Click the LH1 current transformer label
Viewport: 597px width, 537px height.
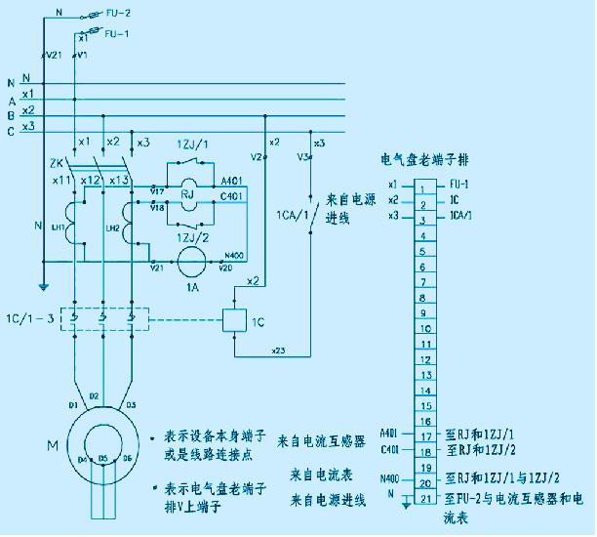(x=58, y=227)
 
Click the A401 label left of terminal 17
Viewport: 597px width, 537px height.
(x=388, y=433)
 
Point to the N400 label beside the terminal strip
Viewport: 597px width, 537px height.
(x=389, y=479)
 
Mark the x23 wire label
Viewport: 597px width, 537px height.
(x=278, y=349)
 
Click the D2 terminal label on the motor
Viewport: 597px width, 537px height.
(x=94, y=395)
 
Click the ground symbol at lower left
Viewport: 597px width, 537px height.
(x=43, y=287)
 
